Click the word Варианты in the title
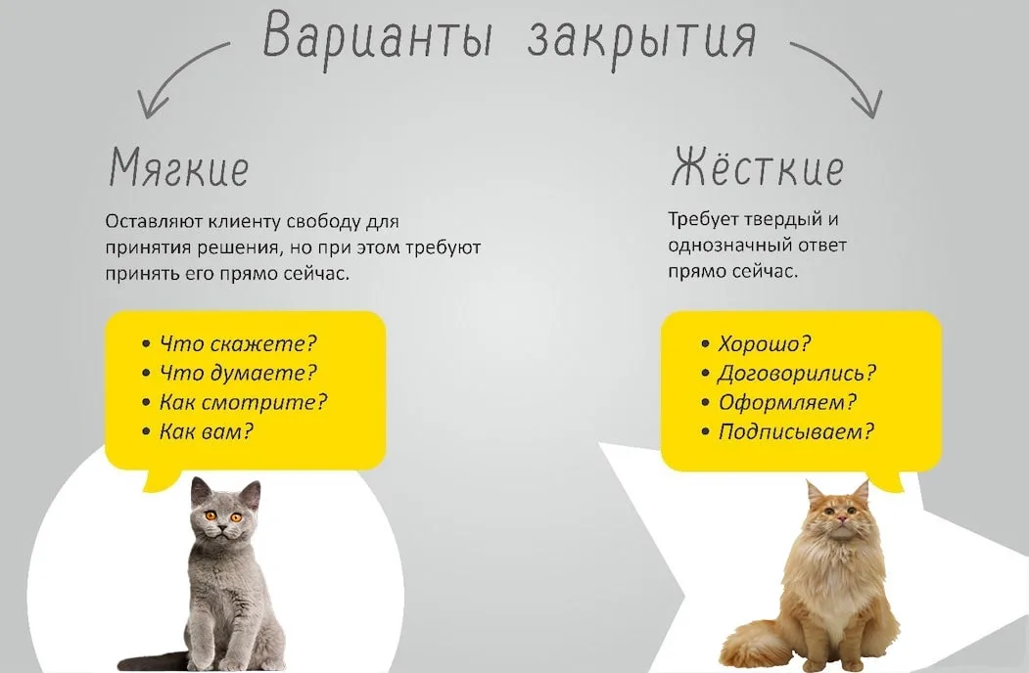[378, 37]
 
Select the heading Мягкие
[178, 167]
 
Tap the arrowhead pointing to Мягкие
[151, 105]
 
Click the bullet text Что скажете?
[238, 343]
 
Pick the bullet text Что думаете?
[238, 373]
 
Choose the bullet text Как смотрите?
[243, 401]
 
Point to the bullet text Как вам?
[206, 431]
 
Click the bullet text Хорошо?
[765, 343]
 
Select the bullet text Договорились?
[797, 373]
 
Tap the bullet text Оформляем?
[787, 401]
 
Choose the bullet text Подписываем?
[796, 431]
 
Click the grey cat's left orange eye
[210, 516]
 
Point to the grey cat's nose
[222, 526]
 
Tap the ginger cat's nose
[841, 520]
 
